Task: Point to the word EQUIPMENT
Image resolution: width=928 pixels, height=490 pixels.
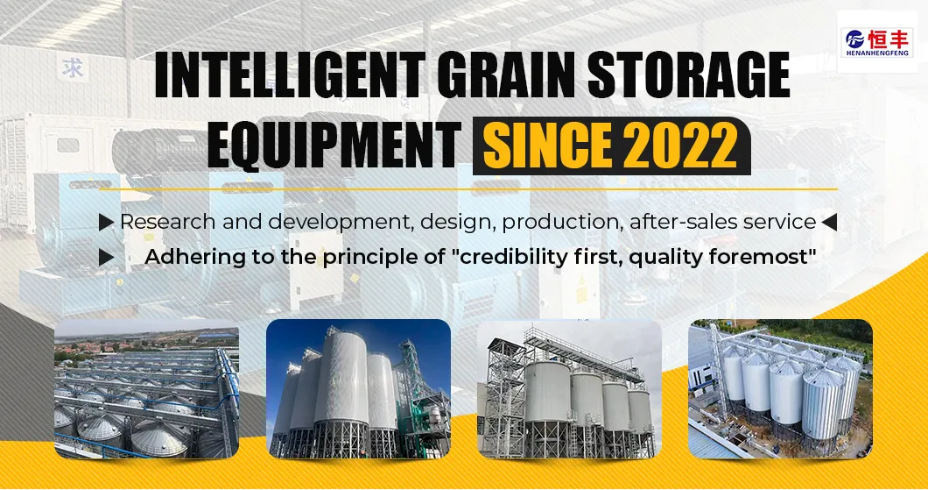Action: [x=333, y=146]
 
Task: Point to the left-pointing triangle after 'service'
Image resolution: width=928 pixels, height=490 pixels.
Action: [x=829, y=223]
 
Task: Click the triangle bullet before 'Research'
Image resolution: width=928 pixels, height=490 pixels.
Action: [x=106, y=223]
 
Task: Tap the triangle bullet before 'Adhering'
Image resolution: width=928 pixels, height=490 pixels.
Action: [x=106, y=258]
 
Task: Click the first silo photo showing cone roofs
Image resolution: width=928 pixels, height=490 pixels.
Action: [x=146, y=389]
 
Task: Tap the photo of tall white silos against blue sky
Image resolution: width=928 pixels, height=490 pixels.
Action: [x=358, y=389]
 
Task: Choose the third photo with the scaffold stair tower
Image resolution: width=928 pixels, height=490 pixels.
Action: [x=569, y=389]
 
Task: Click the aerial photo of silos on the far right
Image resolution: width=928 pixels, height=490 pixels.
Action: [x=780, y=389]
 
